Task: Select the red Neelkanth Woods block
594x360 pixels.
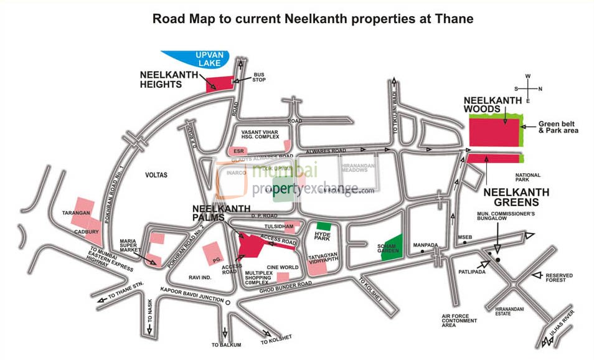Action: [x=494, y=131]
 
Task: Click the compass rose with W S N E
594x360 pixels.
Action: [x=527, y=88]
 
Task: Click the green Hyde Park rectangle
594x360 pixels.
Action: [x=323, y=225]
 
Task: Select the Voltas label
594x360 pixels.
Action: [x=155, y=175]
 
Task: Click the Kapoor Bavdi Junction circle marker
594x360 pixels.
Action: [x=228, y=302]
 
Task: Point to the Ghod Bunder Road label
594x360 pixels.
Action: [x=286, y=284]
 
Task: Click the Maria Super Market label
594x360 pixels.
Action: [x=132, y=246]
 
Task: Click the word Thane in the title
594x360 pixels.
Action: [x=453, y=19]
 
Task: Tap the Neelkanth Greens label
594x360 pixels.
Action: [x=517, y=197]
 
